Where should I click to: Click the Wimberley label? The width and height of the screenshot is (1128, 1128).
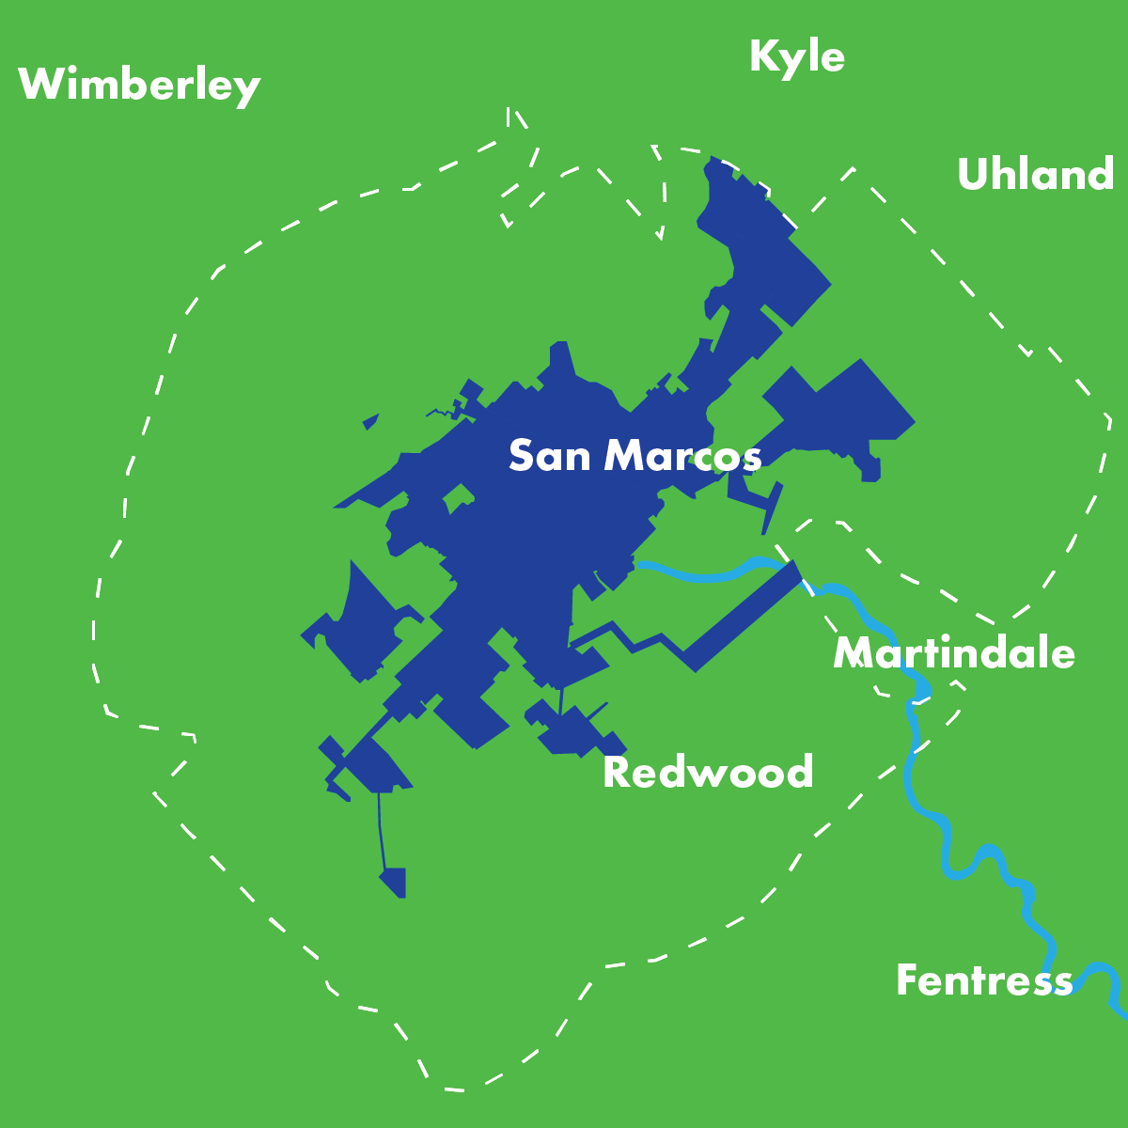click(x=139, y=85)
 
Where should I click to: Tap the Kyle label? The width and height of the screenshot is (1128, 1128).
click(x=797, y=56)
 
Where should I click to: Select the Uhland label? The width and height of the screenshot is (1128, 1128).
click(x=1035, y=175)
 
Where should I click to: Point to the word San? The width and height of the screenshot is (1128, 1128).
click(x=550, y=456)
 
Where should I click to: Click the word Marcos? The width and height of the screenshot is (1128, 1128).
click(x=682, y=456)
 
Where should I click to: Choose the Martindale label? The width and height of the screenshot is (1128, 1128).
click(x=954, y=652)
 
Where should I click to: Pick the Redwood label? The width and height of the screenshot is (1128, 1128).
click(x=708, y=773)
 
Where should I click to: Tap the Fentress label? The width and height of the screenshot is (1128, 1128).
click(x=984, y=980)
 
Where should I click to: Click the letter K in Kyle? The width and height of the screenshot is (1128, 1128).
click(x=763, y=56)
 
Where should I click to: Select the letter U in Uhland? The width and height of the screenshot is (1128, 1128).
click(x=973, y=176)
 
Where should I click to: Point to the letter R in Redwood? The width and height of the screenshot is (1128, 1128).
click(x=615, y=773)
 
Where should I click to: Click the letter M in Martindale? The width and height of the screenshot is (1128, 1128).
click(x=854, y=653)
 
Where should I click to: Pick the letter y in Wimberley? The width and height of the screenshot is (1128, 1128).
click(x=247, y=90)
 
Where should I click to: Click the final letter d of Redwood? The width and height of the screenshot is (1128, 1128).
click(x=799, y=773)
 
